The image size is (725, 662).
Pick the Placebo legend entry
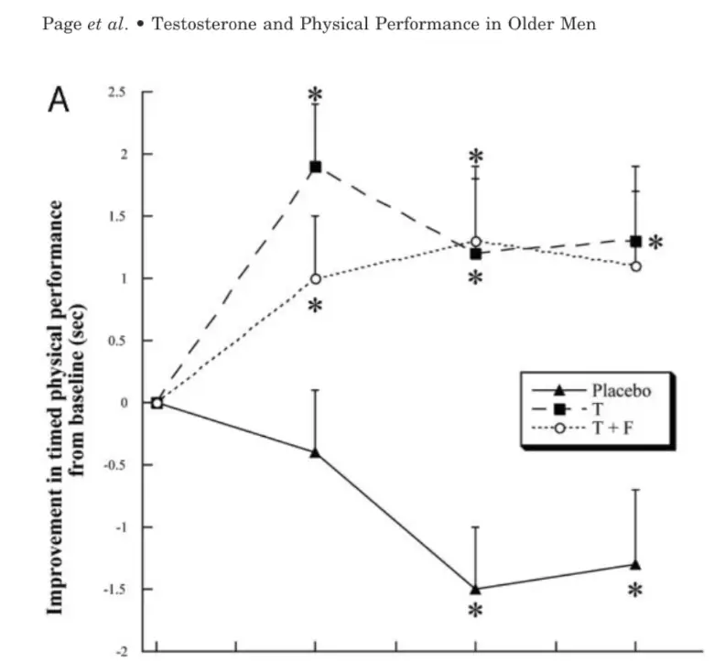tap(620, 389)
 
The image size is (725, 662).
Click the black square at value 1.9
tap(315, 167)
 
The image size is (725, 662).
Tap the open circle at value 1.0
tap(315, 278)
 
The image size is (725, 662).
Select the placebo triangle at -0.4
tap(315, 452)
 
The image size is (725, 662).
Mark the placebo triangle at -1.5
tap(475, 589)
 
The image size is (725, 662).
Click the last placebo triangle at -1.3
tap(635, 564)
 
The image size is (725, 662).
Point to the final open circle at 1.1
tap(635, 266)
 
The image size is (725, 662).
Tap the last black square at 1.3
tap(635, 241)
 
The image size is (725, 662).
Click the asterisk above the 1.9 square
tap(315, 95)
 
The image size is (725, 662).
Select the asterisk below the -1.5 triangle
tap(475, 613)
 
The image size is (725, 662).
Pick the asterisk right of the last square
tap(656, 244)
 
